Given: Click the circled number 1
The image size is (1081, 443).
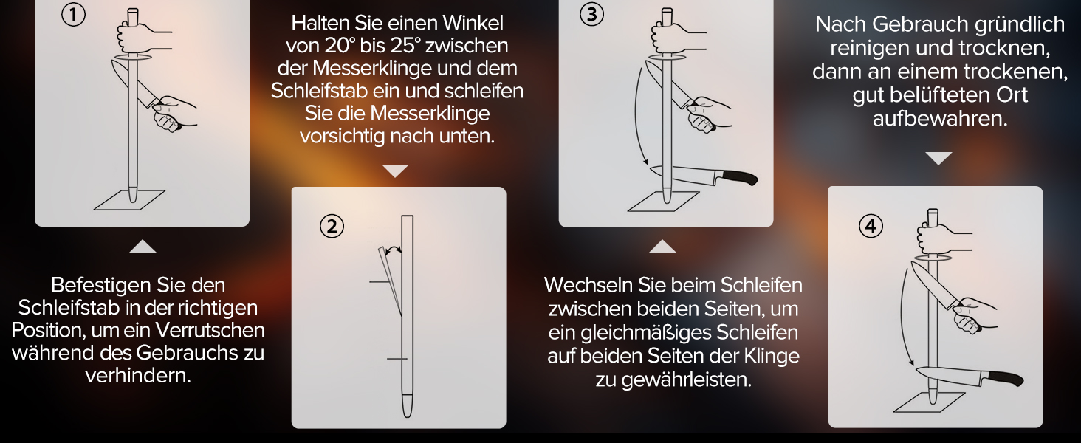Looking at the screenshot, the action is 73,15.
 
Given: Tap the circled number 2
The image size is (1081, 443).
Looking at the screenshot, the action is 332,227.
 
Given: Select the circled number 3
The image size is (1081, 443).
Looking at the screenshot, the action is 591,15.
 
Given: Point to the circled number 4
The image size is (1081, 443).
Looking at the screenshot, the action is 871,226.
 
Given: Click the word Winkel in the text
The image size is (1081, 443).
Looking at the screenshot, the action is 473,23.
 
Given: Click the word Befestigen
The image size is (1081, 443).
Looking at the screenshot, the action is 99,286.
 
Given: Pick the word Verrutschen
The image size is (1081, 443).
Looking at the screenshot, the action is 210,331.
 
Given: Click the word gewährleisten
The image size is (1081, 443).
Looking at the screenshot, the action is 685,380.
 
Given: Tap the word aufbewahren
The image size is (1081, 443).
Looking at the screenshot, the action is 940,119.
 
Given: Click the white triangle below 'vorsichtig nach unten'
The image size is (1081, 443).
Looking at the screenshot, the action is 395,171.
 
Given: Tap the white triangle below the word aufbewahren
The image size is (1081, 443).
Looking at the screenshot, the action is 938,158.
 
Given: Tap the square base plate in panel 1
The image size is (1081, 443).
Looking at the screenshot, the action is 129,200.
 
